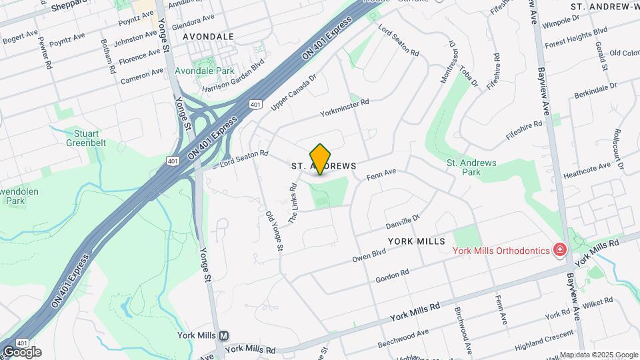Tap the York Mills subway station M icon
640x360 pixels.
223,335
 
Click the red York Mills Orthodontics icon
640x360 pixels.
560,250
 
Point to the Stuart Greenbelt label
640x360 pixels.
87,137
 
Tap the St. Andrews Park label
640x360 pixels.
471,167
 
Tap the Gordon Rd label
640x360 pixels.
392,275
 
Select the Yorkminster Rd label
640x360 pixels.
344,105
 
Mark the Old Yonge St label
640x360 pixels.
275,231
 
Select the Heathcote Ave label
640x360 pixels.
587,166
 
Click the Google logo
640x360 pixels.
23,351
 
